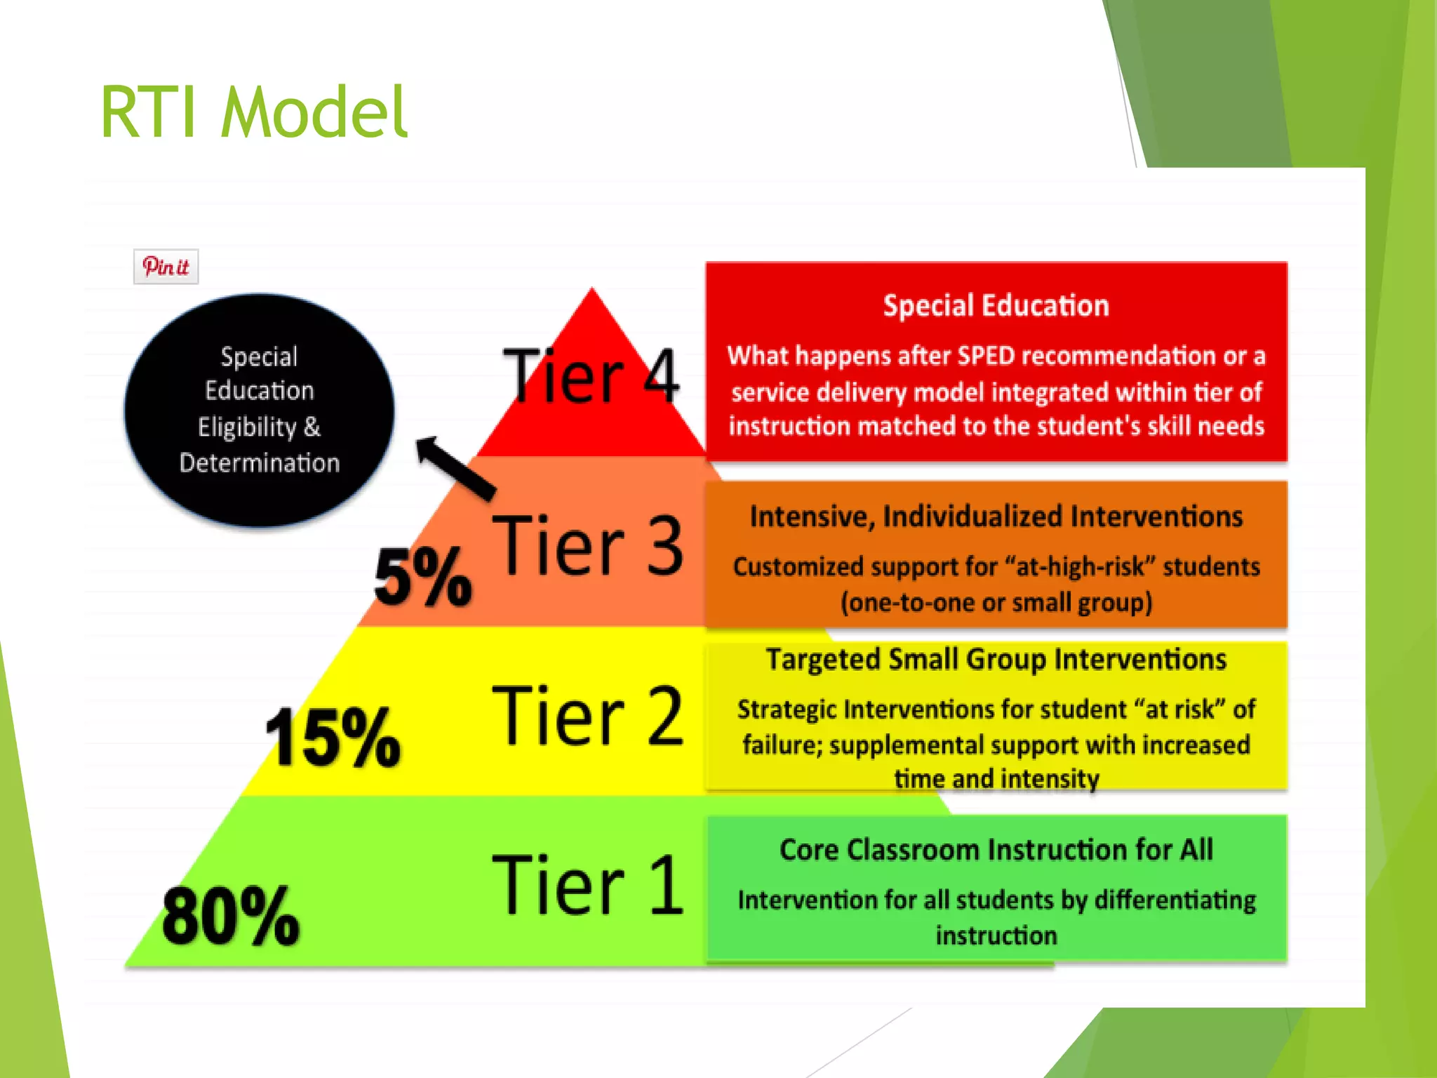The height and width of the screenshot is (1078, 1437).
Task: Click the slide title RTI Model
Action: [x=254, y=112]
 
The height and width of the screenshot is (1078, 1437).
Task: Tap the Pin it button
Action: [x=166, y=267]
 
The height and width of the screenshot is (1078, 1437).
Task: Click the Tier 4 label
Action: [x=591, y=378]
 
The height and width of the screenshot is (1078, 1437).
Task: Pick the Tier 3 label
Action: [x=588, y=545]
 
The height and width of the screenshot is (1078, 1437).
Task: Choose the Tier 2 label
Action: [x=588, y=715]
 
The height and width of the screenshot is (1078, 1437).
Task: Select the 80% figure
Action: [x=231, y=915]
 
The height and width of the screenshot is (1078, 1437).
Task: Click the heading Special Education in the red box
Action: [x=996, y=306]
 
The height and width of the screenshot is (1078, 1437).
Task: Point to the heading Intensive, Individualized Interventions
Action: [x=996, y=517]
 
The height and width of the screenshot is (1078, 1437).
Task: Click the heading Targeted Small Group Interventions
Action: [x=996, y=660]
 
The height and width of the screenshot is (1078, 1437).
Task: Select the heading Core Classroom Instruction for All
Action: [x=996, y=850]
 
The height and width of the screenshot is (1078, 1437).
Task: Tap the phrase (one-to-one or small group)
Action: [x=996, y=602]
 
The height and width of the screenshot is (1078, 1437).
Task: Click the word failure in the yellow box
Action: [x=781, y=745]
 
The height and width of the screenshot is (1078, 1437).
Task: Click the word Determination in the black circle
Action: [x=260, y=463]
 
